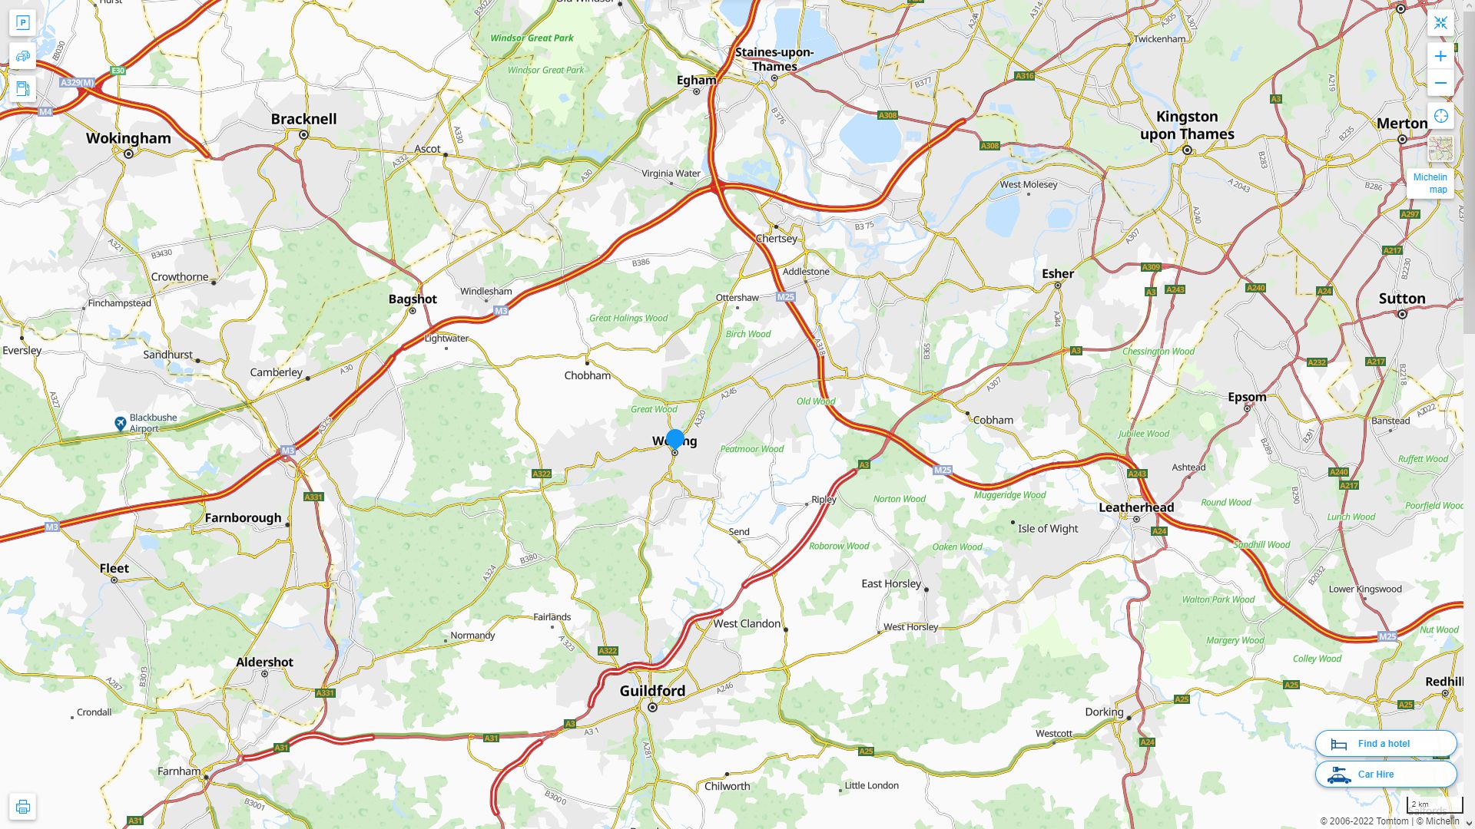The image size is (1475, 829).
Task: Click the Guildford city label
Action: [652, 691]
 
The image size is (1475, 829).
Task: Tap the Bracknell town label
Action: [303, 119]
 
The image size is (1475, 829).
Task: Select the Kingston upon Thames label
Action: [1187, 125]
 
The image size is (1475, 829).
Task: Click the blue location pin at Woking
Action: [675, 439]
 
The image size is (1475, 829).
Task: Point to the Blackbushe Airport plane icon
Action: [121, 423]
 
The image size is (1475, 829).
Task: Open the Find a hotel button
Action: [1385, 743]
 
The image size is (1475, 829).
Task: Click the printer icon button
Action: [22, 806]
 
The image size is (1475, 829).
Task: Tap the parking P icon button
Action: [22, 22]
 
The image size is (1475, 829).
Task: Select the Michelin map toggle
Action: [1430, 183]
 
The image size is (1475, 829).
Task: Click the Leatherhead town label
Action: [1136, 507]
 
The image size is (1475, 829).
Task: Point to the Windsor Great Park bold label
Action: [532, 38]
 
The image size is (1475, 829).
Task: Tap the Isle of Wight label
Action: [1047, 529]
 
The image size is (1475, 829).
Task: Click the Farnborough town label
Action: [243, 518]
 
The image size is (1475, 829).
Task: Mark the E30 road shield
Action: [118, 71]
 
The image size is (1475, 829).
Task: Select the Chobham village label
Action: [588, 375]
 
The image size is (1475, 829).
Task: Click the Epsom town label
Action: [1247, 397]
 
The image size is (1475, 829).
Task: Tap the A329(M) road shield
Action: [77, 82]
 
